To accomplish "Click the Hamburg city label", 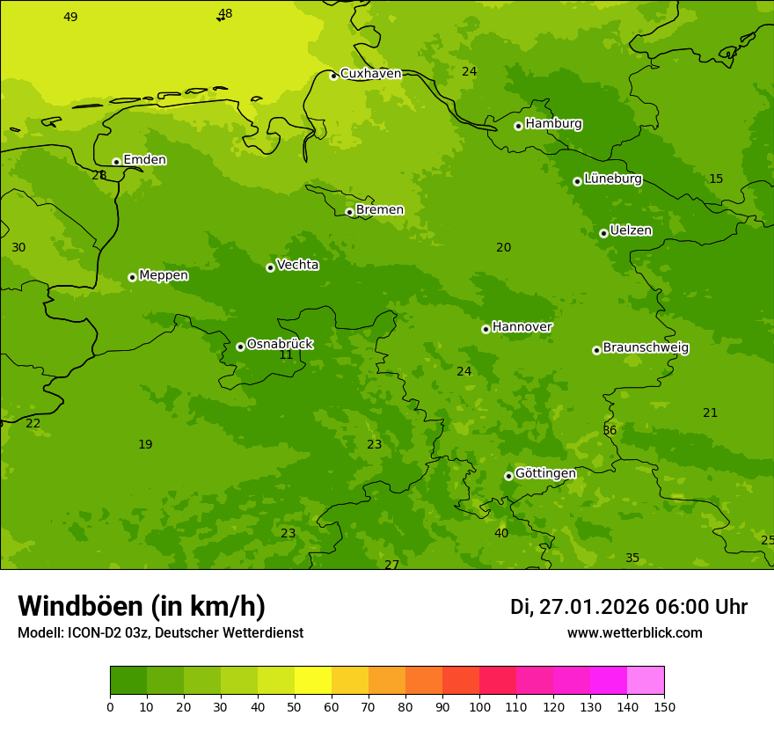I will [553, 124].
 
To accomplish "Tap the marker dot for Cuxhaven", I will [333, 76].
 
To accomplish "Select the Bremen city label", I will [379, 210].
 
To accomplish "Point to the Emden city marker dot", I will [116, 162].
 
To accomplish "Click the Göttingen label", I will [545, 474].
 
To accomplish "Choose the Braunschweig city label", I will [646, 348].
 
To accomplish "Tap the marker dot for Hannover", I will [486, 329].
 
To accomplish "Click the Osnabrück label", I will [280, 345].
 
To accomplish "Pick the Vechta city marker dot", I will [270, 267].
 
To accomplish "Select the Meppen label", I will [164, 276].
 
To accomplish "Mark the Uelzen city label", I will [631, 231].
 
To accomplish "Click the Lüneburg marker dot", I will [577, 181].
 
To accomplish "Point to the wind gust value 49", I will [70, 18].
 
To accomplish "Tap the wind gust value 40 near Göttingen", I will [501, 534].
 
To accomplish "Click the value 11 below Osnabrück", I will [286, 355].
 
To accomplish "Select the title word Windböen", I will [81, 606].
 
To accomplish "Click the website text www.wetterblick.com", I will [634, 633].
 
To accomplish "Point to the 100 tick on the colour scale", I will [479, 706].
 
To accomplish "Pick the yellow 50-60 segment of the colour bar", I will [313, 680].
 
